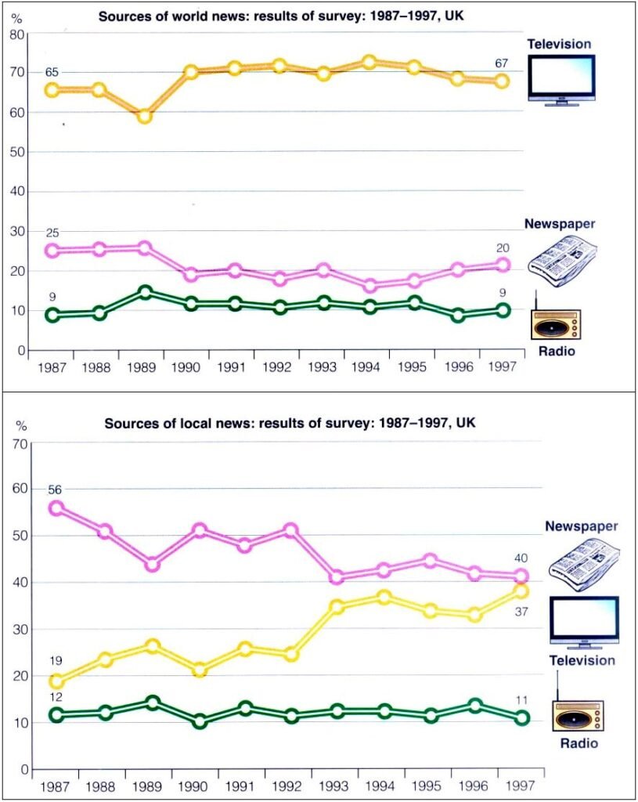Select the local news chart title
(290, 424)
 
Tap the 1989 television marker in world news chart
(144, 116)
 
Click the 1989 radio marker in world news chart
(144, 292)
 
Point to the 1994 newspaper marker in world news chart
(369, 286)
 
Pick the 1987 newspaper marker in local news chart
(56, 508)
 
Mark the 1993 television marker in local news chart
(337, 606)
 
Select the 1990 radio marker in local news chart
(200, 721)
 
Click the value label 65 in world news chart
(52, 72)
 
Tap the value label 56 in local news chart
(54, 490)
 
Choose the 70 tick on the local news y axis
(16, 443)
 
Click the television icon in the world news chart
(561, 80)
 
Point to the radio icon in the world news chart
(555, 321)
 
